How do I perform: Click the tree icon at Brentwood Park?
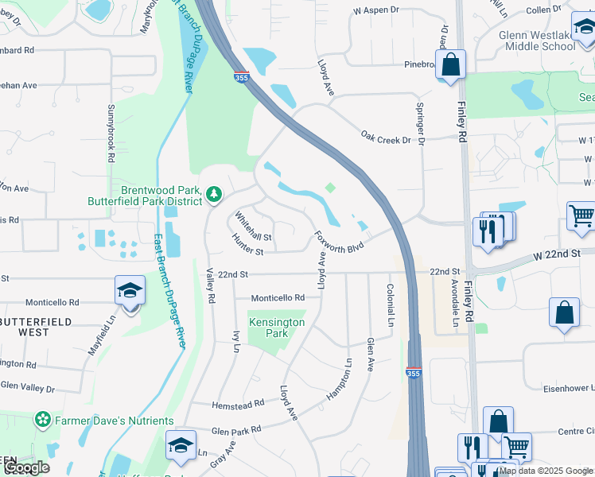click(213, 194)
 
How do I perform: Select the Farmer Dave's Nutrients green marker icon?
click(41, 419)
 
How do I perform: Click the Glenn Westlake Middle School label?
click(537, 41)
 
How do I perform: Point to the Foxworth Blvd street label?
click(339, 242)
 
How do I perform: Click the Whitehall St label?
click(253, 226)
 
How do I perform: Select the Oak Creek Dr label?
click(388, 138)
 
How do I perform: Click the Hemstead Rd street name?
click(238, 405)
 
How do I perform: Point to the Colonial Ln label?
click(391, 306)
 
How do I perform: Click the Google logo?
click(26, 467)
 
